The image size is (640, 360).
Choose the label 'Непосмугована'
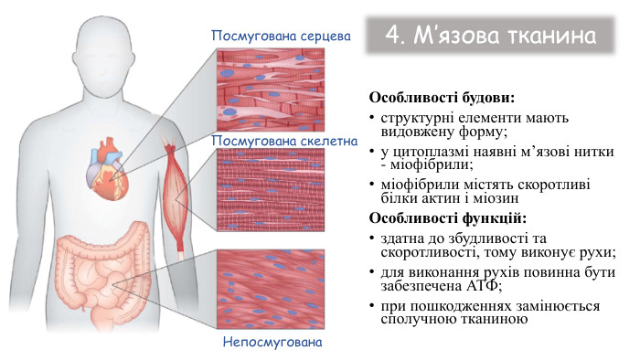pyautogui.click(x=274, y=344)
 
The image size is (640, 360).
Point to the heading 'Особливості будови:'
pyautogui.click(x=441, y=97)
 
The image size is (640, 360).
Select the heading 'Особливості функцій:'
pyautogui.click(x=447, y=218)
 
